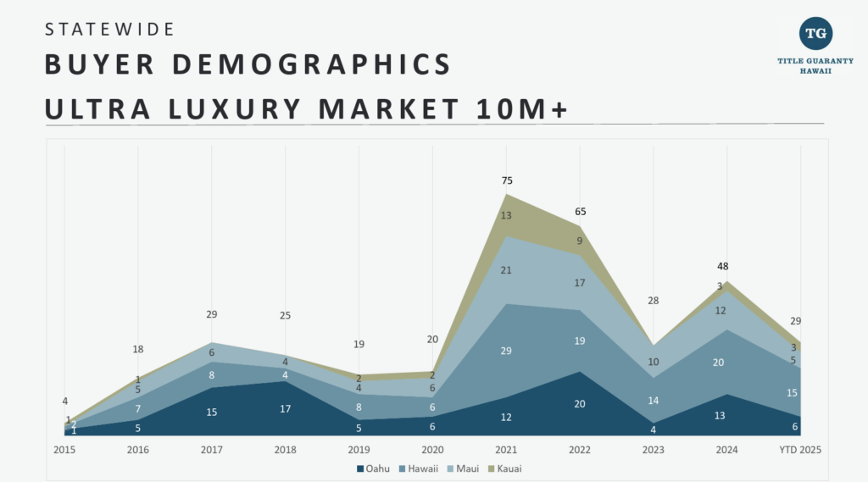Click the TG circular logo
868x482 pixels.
815,33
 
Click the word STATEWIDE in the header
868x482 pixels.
109,29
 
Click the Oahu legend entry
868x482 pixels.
373,468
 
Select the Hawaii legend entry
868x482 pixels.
420,468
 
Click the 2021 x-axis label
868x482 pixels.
506,449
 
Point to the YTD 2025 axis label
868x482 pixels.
799,449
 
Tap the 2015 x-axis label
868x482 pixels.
64,449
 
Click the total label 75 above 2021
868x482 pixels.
507,180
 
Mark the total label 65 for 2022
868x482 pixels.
580,212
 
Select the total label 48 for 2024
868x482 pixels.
722,266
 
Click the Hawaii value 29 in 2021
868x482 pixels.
507,351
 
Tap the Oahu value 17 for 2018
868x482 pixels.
286,409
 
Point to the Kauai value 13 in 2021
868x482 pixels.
507,216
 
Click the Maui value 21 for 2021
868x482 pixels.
507,270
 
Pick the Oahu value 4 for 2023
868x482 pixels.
654,429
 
